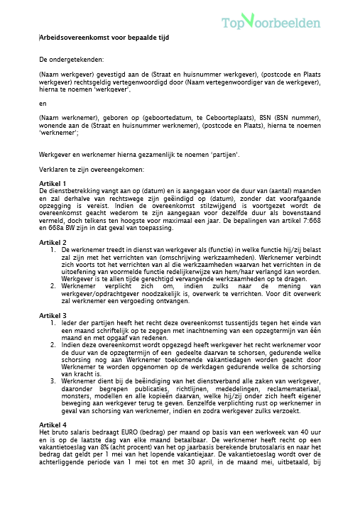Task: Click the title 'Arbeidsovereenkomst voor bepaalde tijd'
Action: [104, 37]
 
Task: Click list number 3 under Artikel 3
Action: [53, 381]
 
